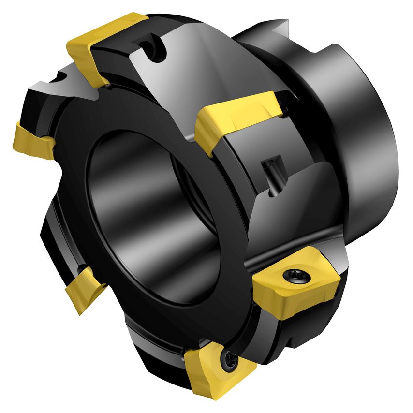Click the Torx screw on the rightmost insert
(x=295, y=274)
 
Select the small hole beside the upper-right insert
(x=288, y=112)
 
